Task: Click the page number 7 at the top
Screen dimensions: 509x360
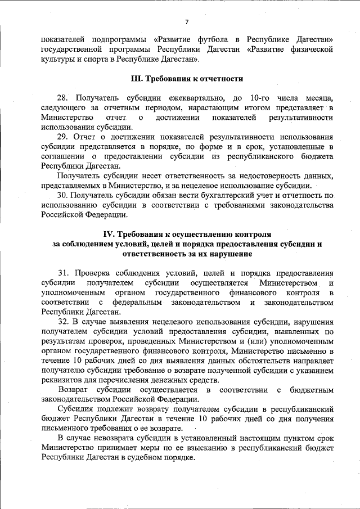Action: coord(186,21)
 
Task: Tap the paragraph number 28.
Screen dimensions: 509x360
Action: coord(64,98)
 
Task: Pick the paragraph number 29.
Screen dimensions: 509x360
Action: coord(64,137)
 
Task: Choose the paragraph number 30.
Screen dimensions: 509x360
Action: coord(64,195)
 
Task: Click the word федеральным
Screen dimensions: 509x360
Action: coord(138,302)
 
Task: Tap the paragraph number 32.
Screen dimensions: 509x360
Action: coord(64,321)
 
